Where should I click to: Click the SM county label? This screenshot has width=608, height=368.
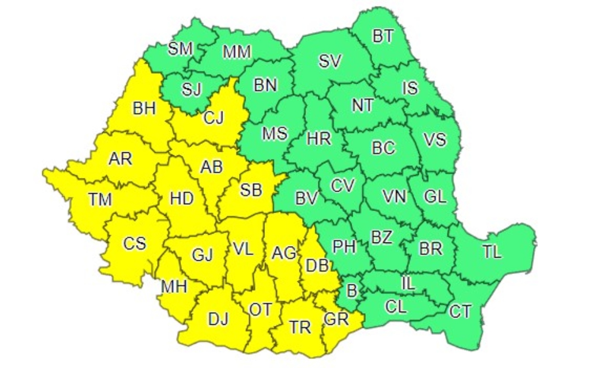(x=180, y=48)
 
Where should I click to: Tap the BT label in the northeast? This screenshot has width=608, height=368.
(x=383, y=36)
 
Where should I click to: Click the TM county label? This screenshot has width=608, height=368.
(x=100, y=200)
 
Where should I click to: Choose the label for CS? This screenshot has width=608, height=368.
(x=134, y=242)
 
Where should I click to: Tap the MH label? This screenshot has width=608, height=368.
(x=174, y=287)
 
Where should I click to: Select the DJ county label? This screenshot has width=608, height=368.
(x=218, y=319)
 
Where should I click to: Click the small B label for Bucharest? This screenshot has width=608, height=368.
(x=351, y=291)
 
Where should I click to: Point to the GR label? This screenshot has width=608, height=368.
(x=336, y=318)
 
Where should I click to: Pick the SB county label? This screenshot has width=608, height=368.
(x=251, y=190)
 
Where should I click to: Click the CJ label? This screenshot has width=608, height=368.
(x=214, y=118)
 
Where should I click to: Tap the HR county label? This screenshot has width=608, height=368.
(x=319, y=138)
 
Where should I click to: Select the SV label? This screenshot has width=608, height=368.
(x=330, y=61)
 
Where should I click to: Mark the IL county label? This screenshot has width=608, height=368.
(x=408, y=283)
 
